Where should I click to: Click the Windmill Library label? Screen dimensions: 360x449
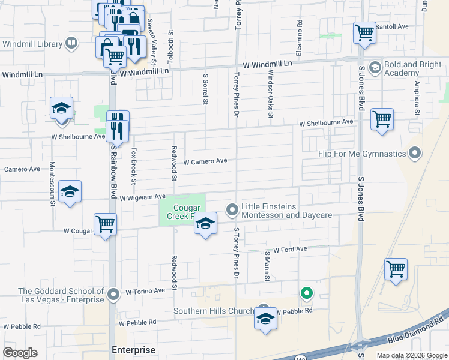(x=32, y=44)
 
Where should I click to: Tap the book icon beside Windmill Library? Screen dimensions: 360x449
(x=71, y=43)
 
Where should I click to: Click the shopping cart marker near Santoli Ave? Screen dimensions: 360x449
(x=364, y=33)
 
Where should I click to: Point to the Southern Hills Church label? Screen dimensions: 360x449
(x=212, y=311)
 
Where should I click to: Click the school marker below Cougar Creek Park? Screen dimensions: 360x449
(x=205, y=224)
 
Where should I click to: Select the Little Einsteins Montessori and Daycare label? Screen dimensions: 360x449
(x=287, y=210)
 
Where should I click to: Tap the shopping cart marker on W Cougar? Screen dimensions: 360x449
(x=106, y=224)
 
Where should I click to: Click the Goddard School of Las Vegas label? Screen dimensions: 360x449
(x=54, y=295)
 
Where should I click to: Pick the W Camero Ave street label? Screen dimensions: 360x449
(x=205, y=161)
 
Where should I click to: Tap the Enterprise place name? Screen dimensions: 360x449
(x=133, y=350)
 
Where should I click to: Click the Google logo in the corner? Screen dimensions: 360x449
(x=20, y=352)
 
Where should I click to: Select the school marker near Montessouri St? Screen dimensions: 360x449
(x=70, y=192)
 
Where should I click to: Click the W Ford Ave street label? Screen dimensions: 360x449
(x=290, y=248)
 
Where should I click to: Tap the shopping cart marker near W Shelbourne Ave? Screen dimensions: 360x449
(x=382, y=119)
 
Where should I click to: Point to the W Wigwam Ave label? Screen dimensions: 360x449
(x=142, y=197)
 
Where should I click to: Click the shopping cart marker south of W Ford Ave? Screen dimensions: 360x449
(x=396, y=269)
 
